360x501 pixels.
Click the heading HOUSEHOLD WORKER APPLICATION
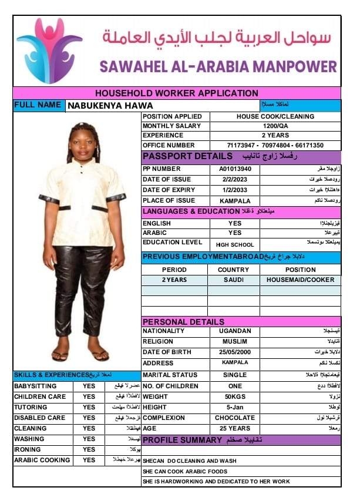pos(176,93)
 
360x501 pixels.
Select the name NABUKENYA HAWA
pos(110,106)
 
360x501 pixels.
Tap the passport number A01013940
pos(235,169)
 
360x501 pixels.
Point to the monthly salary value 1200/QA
pos(275,126)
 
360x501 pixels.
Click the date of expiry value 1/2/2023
pos(235,190)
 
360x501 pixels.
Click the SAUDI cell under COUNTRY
pos(234,280)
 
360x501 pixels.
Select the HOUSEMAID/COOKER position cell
pos(300,280)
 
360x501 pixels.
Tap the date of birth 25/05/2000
pos(235,352)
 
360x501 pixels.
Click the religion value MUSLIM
pos(235,341)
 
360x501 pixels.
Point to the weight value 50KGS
pos(235,396)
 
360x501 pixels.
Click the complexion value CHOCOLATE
pos(235,418)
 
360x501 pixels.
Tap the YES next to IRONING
pos(89,449)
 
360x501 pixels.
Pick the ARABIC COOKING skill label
pos(42,460)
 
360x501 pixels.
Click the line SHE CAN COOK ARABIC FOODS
pos(185,471)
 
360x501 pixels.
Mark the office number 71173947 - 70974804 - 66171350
pos(275,145)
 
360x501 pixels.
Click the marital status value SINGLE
pos(235,375)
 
